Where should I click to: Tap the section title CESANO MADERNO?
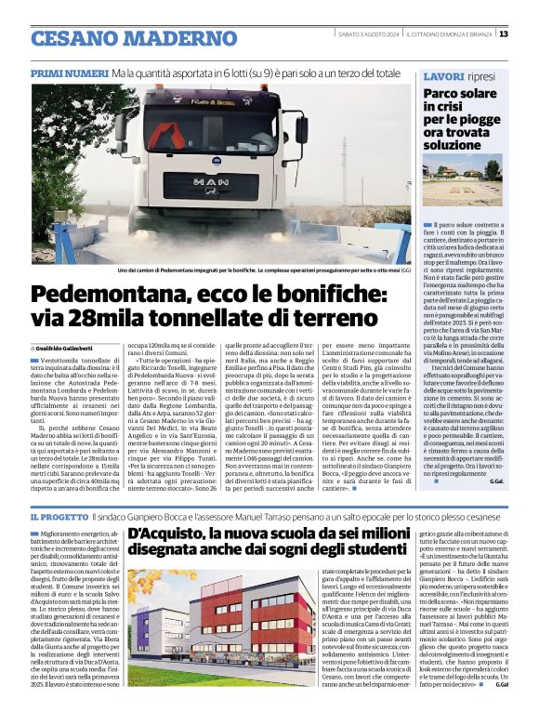tap(121, 38)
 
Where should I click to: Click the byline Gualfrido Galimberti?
tap(72, 348)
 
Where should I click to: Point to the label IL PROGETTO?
tap(59, 516)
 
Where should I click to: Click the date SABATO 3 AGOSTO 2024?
tap(365, 34)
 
